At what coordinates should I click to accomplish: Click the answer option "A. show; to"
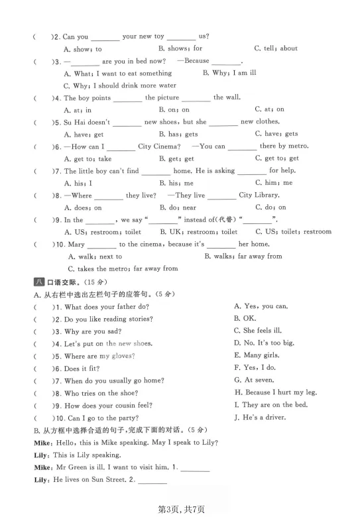(x=83, y=49)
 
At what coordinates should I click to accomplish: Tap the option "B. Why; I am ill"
(x=229, y=73)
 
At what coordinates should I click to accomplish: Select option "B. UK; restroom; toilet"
(x=198, y=232)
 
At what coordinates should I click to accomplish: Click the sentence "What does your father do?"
(x=106, y=307)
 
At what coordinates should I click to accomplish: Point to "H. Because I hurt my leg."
(x=271, y=392)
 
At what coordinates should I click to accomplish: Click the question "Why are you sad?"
(x=93, y=331)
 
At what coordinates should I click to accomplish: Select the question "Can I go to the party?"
(x=103, y=418)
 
